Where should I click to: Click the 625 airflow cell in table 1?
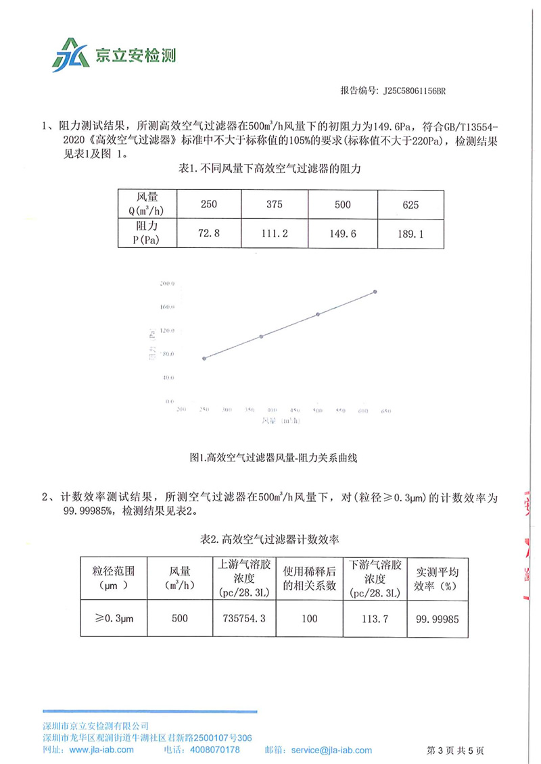click(411, 204)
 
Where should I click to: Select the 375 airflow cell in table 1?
click(274, 204)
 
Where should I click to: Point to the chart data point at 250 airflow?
click(204, 358)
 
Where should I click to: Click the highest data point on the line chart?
click(375, 292)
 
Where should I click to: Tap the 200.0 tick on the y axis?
click(166, 283)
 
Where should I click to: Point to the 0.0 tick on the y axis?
click(169, 401)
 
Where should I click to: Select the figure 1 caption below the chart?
click(274, 457)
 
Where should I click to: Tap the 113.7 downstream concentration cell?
click(375, 618)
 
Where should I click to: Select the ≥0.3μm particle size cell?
click(113, 618)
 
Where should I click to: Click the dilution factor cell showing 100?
click(310, 618)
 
